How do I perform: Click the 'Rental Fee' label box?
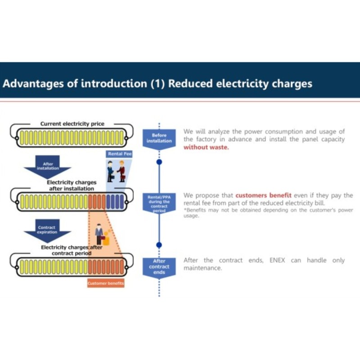pos(119,154)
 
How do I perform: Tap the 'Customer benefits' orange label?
pos(106,283)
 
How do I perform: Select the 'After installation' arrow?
pos(48,167)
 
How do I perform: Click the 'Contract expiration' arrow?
pos(48,231)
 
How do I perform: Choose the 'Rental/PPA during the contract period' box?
pos(159,203)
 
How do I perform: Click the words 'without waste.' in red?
pos(206,147)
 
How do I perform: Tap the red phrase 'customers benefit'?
pos(263,195)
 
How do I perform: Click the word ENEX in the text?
pos(277,260)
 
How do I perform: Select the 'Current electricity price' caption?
pos(72,124)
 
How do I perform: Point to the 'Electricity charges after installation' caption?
pos(72,185)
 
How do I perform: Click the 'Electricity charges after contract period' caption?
pos(72,250)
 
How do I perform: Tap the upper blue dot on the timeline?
pos(159,162)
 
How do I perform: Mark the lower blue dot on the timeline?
pos(159,245)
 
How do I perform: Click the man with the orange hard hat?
pos(121,171)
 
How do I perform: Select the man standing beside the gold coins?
pos(99,234)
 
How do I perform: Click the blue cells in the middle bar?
pos(115,202)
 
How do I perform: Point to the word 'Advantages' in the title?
pos(33,84)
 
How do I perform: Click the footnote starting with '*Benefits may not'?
pos(268,213)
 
